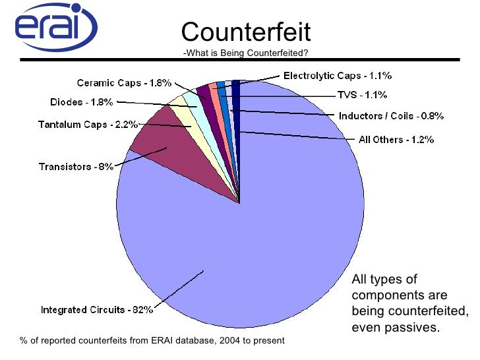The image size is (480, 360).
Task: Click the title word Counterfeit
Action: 245,32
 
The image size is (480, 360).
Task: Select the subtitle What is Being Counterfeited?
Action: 245,53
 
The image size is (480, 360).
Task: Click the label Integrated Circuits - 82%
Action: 97,309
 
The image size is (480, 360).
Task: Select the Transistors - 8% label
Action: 75,167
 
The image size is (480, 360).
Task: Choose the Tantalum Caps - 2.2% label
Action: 88,124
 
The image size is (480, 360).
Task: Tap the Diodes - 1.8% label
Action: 82,102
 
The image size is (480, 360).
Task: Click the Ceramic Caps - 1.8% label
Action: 124,83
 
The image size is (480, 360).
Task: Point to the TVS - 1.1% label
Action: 362,95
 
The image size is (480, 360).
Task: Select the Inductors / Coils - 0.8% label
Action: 391,116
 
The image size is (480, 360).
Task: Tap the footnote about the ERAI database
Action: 152,341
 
